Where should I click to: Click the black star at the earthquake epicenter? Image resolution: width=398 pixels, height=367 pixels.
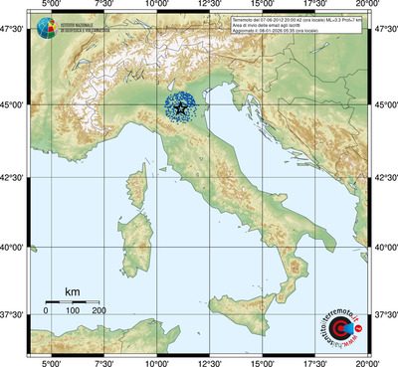pos(180,108)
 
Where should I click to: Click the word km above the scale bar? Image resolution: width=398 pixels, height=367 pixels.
pos(72,291)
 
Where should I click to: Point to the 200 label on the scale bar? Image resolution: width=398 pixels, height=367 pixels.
pos(99,311)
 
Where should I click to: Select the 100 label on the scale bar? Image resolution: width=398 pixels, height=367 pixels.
pos(73,311)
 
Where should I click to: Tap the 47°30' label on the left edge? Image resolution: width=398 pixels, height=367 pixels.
pos(13,34)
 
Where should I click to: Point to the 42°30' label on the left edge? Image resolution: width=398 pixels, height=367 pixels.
pos(13,176)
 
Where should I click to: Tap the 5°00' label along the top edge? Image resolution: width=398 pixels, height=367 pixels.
pos(51,6)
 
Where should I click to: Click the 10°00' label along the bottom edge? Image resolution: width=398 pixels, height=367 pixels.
pos(156,361)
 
